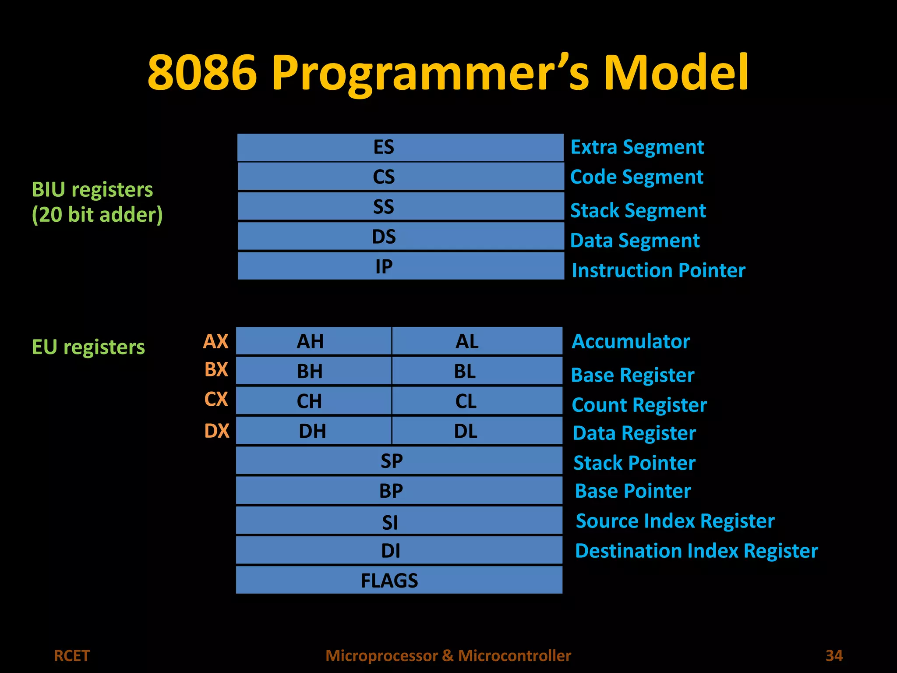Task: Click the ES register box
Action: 400,147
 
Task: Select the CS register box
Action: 400,177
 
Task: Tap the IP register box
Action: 400,266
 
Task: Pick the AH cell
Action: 314,341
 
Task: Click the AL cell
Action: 477,341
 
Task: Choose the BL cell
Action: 477,371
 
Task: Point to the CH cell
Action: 314,401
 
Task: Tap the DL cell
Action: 477,431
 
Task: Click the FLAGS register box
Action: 399,580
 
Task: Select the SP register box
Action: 399,460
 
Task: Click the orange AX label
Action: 216,341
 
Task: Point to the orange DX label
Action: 217,431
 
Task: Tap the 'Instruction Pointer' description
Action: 658,270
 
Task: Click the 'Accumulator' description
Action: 631,341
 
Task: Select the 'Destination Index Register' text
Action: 696,551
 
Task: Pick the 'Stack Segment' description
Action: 638,211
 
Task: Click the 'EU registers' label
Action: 88,347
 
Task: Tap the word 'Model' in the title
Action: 676,72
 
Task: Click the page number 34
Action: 834,655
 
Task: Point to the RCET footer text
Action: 72,655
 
